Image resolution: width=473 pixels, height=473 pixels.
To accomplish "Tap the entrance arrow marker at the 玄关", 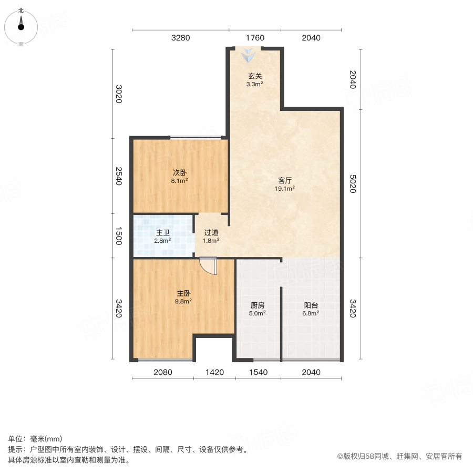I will click(248, 54).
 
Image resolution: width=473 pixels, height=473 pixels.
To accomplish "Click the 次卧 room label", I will click(180, 172).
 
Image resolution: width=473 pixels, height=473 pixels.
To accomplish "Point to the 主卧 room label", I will click(183, 293).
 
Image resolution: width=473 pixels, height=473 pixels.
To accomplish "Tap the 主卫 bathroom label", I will click(162, 233).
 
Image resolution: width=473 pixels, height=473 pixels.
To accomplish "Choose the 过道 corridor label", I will click(211, 232).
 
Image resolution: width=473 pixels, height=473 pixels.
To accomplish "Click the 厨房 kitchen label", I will click(258, 305).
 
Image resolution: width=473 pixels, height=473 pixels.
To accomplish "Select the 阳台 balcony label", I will click(311, 305).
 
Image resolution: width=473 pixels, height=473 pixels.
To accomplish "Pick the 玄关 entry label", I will click(255, 76).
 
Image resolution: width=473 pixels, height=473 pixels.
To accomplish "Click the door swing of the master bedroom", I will click(209, 266).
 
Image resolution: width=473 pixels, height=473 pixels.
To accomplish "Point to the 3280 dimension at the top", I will click(180, 38).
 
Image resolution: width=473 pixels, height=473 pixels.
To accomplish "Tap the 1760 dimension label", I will click(255, 38).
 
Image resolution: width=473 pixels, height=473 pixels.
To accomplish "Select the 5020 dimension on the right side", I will click(353, 183).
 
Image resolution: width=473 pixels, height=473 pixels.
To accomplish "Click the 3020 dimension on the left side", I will click(119, 94).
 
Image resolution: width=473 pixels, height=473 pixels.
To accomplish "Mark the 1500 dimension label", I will click(119, 236).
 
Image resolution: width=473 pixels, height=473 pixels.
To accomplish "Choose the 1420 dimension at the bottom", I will click(214, 372).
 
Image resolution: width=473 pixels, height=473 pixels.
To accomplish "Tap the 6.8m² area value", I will click(311, 313).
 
